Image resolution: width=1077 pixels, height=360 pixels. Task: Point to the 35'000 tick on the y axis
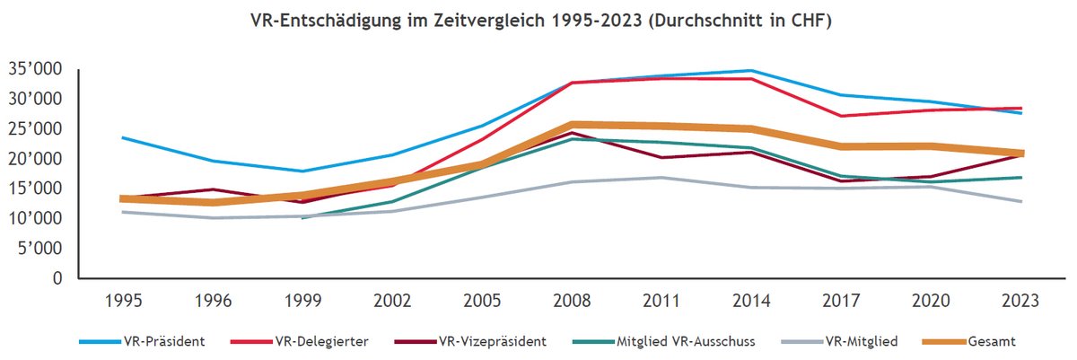point(36,69)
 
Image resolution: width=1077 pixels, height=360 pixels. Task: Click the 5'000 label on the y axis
point(41,249)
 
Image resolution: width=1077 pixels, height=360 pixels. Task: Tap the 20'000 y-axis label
point(36,159)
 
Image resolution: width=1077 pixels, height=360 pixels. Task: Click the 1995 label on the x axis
point(123,303)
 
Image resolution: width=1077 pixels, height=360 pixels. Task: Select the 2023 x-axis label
point(1021,303)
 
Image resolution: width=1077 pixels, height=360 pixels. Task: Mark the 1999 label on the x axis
point(302,303)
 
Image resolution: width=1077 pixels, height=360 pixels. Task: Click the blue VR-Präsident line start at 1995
point(123,137)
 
